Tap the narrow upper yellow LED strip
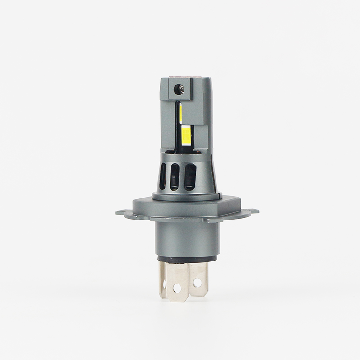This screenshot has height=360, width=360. pos(180,112)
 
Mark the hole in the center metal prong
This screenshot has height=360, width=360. pos(177,286)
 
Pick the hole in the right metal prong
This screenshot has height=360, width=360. pos(197,282)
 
